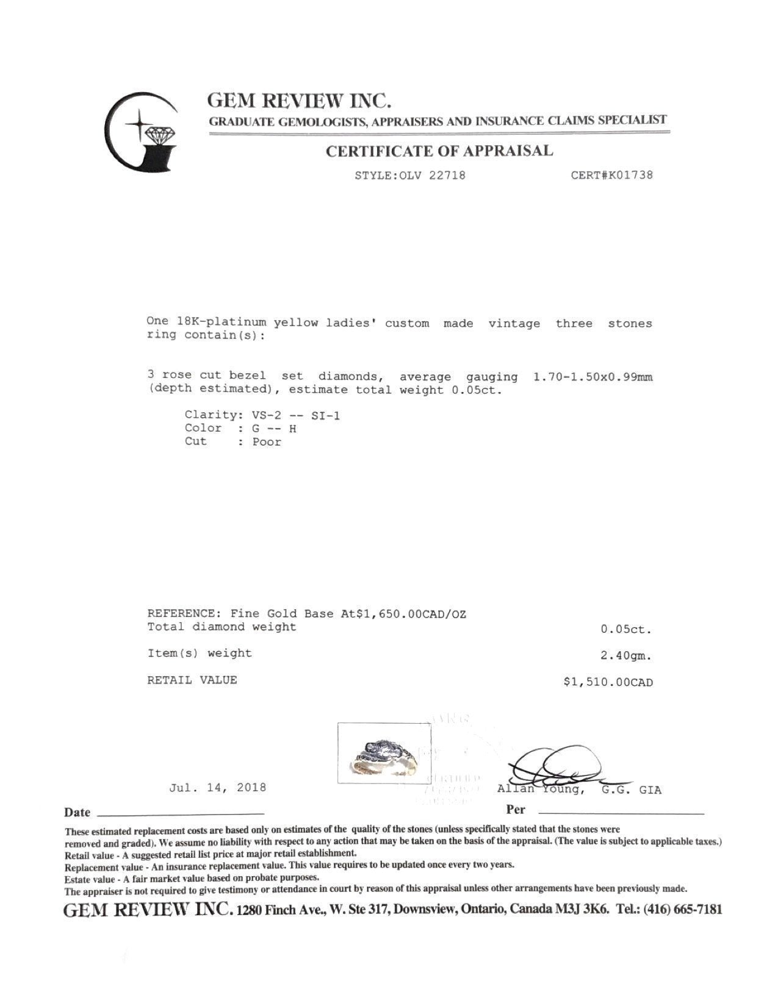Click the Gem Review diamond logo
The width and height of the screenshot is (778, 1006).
pyautogui.click(x=142, y=132)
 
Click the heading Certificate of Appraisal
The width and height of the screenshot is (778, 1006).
pyautogui.click(x=439, y=151)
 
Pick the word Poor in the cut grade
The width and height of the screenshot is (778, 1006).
pyautogui.click(x=267, y=442)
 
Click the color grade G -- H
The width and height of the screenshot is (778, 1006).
pyautogui.click(x=275, y=429)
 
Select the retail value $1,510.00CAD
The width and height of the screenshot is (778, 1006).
pyautogui.click(x=608, y=682)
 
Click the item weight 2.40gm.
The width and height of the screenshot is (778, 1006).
pyautogui.click(x=626, y=656)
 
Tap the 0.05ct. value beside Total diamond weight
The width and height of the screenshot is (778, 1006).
pyautogui.click(x=626, y=630)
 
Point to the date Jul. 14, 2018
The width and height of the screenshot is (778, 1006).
pyautogui.click(x=217, y=787)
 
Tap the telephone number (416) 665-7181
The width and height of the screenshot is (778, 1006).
pyautogui.click(x=683, y=910)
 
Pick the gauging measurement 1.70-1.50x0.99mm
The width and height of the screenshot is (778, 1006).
pyautogui.click(x=593, y=377)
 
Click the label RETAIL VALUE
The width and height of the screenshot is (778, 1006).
pyautogui.click(x=192, y=680)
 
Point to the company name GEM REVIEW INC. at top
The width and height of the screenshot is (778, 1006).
pyautogui.click(x=299, y=99)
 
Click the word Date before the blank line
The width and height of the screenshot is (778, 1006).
pyautogui.click(x=77, y=812)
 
